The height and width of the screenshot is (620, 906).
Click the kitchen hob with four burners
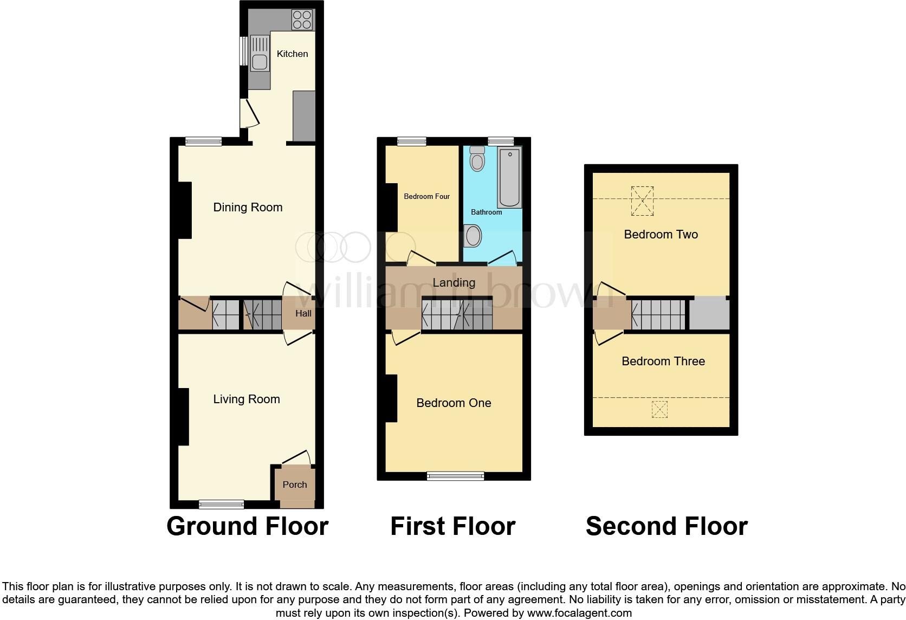[x=302, y=20]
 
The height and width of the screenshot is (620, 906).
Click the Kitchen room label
[x=292, y=54]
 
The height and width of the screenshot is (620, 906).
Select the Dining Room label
[x=248, y=207]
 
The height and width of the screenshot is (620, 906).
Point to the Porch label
[x=295, y=485]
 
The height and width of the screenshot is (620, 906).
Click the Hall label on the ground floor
[x=303, y=313]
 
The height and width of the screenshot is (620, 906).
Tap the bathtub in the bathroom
[x=509, y=177]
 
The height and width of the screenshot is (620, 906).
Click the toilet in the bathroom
[x=477, y=158]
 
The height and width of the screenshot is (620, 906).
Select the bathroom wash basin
[x=473, y=236]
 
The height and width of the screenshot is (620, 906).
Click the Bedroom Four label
[x=426, y=196]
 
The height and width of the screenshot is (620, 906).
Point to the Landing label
[x=454, y=282]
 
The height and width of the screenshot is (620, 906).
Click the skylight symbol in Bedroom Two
[x=643, y=201]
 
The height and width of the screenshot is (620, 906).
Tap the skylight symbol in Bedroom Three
[x=659, y=409]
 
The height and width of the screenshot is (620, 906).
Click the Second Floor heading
[x=666, y=526]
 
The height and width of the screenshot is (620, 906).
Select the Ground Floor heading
[x=247, y=526]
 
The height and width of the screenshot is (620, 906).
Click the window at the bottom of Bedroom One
[x=455, y=476]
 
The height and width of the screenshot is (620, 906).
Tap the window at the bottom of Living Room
[x=221, y=505]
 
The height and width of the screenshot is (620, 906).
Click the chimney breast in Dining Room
[x=185, y=210]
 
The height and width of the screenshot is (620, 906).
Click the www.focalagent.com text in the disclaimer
[x=579, y=613]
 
